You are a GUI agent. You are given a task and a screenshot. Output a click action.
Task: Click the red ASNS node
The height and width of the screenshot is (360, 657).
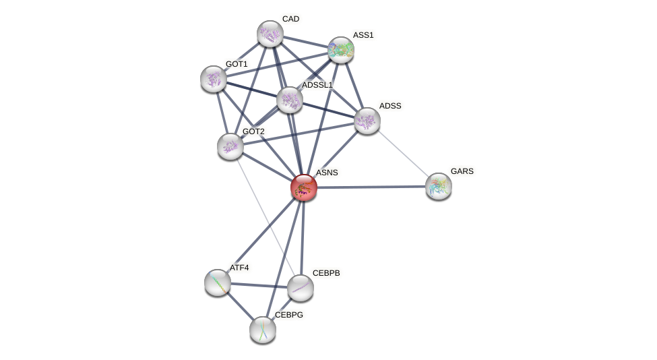304,187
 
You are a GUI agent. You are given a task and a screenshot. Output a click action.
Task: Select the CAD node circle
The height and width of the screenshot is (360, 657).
270,34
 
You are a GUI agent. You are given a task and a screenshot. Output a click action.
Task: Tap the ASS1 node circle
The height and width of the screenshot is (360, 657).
341,50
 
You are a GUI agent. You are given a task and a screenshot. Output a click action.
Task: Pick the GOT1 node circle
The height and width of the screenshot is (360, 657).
214,79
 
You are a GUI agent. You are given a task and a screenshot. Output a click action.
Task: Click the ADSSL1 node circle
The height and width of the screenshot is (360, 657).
290,100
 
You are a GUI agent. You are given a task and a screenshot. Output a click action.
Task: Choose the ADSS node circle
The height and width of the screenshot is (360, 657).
367,121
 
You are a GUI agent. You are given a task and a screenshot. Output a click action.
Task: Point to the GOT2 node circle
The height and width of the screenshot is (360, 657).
230,146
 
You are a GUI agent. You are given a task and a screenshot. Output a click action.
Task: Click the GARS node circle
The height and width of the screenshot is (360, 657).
439,186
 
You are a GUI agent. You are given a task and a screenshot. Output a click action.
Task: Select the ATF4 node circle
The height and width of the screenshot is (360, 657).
218,282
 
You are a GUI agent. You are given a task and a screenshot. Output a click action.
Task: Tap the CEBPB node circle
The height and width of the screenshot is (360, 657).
301,288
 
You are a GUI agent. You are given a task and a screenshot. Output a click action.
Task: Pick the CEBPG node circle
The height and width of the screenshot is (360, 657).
263,330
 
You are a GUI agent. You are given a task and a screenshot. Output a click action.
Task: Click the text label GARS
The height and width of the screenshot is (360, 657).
462,171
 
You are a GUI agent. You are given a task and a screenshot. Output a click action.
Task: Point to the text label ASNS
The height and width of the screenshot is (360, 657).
327,173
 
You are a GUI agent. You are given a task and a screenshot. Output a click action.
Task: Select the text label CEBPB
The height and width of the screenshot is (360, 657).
326,273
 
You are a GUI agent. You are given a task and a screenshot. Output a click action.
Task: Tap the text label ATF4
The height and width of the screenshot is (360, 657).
239,268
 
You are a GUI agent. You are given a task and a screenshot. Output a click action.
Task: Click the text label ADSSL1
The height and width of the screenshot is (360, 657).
317,85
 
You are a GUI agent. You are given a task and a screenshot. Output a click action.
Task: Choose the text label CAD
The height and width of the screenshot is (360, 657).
291,19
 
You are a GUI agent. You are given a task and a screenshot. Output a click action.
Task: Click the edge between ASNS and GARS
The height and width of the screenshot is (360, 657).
371,187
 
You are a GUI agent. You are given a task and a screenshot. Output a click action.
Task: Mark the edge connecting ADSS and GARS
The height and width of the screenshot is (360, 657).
403,153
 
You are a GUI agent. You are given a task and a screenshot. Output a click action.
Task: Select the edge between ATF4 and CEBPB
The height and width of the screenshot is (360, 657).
259,285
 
